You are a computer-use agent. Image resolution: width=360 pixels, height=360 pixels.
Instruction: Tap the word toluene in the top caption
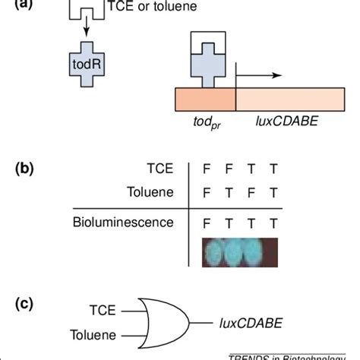click(171, 7)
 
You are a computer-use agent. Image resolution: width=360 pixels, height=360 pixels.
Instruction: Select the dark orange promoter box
click(205, 100)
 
